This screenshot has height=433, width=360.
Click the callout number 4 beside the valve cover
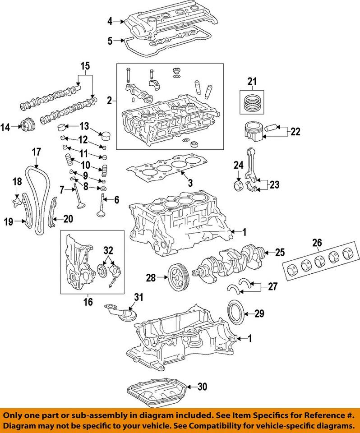point(110,21)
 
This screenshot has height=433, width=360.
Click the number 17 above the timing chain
point(36,152)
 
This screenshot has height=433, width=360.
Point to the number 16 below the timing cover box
point(88,301)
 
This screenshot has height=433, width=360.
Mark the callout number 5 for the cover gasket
point(110,41)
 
